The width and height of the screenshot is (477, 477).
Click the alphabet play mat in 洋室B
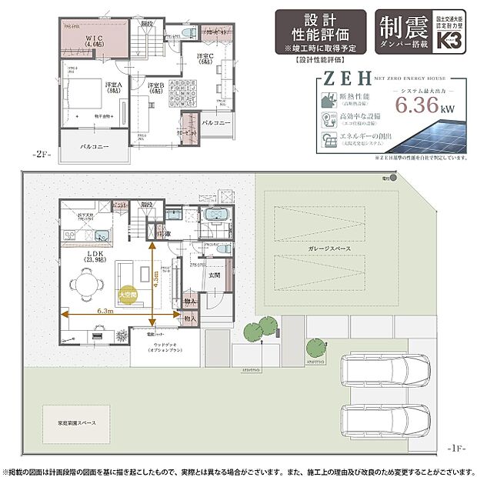tap(185, 96)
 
